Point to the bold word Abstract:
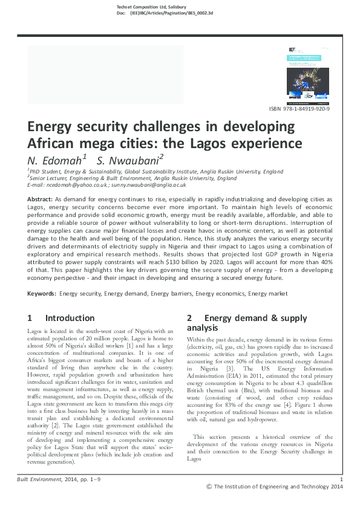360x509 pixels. [41, 199]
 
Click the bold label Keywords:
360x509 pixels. [42, 293]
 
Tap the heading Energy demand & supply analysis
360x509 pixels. [246, 323]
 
